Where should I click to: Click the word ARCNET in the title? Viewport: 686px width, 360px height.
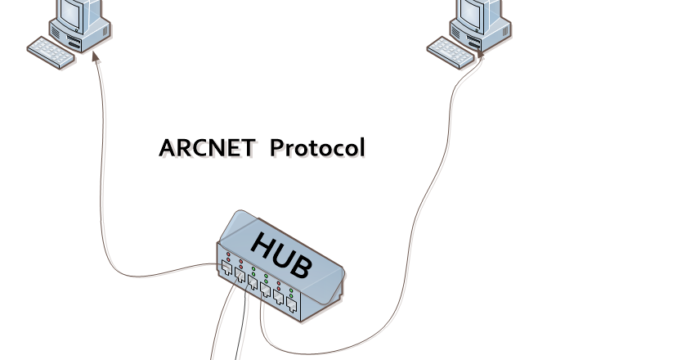click(208, 148)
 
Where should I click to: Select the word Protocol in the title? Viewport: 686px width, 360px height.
click(317, 148)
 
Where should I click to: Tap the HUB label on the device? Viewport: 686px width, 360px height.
click(280, 254)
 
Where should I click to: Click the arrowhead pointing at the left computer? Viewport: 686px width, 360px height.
click(96, 55)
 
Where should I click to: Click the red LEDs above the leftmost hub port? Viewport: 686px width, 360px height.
click(228, 255)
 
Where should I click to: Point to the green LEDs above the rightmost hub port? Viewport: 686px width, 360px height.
click(292, 293)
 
